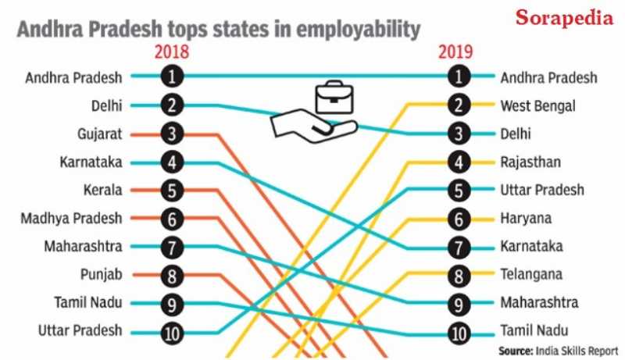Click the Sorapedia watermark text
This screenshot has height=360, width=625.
point(563,18)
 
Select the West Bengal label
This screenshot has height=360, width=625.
point(537,105)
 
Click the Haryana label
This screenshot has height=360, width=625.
point(526,218)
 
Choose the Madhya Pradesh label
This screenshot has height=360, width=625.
point(72,218)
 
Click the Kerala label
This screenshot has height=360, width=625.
point(103,190)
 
